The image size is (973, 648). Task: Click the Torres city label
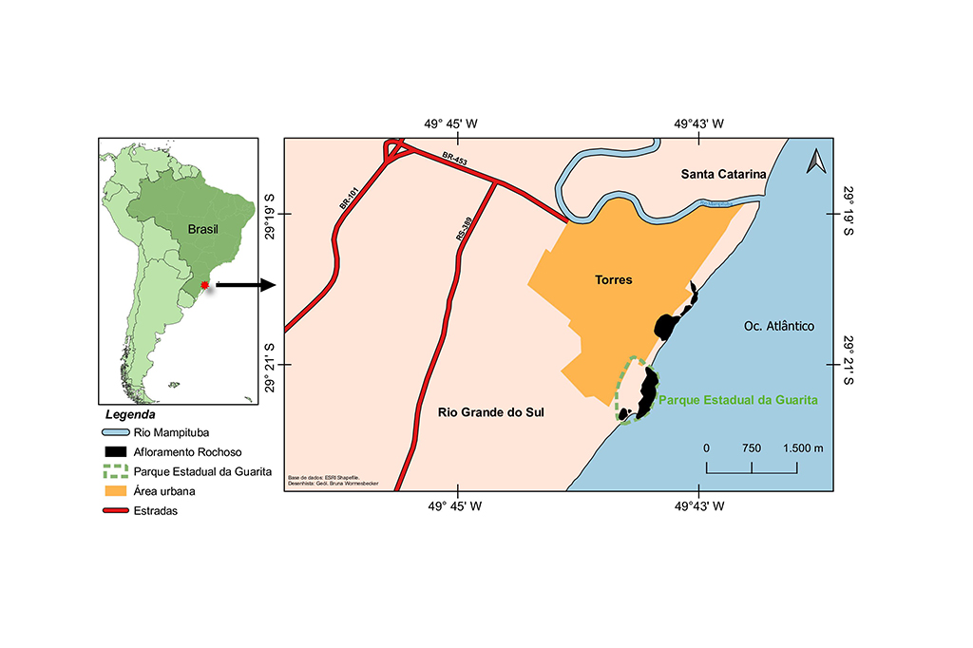613,280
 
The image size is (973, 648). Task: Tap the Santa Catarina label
723,175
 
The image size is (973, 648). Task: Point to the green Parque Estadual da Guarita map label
738,400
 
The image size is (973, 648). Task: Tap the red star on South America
203,284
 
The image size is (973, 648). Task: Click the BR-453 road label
454,161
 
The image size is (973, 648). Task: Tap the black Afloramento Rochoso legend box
115,452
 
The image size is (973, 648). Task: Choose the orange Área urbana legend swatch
115,491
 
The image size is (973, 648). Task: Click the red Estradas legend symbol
115,511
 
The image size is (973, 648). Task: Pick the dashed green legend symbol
115,471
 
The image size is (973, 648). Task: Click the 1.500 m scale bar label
803,448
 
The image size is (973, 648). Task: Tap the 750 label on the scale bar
751,448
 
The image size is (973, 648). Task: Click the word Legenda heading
130,415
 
